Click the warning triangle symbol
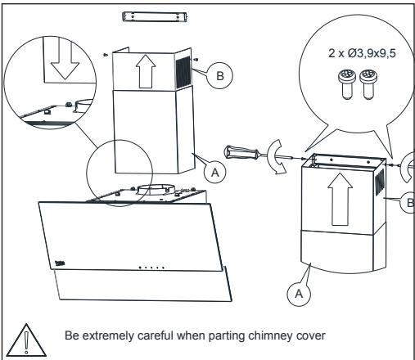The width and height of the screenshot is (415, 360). (x=26, y=341)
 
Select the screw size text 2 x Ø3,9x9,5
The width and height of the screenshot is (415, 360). (x=362, y=53)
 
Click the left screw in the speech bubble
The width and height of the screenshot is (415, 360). (x=347, y=84)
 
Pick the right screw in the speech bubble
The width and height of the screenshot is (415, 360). (x=368, y=84)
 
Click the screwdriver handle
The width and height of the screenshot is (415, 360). (x=241, y=153)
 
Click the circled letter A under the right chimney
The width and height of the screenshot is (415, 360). (x=299, y=294)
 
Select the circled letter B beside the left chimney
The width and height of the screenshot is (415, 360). (x=220, y=75)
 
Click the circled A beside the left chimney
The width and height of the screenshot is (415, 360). (x=215, y=173)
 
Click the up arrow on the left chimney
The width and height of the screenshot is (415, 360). (x=146, y=71)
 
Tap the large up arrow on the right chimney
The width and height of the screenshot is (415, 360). (x=340, y=200)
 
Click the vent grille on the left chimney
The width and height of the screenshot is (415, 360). (x=183, y=72)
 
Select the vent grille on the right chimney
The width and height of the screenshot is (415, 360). (x=380, y=182)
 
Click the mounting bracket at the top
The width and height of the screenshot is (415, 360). (x=155, y=16)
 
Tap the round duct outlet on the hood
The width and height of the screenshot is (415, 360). (x=156, y=190)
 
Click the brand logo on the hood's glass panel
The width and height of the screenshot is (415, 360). (x=60, y=263)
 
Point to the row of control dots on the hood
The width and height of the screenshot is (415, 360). (x=151, y=268)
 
